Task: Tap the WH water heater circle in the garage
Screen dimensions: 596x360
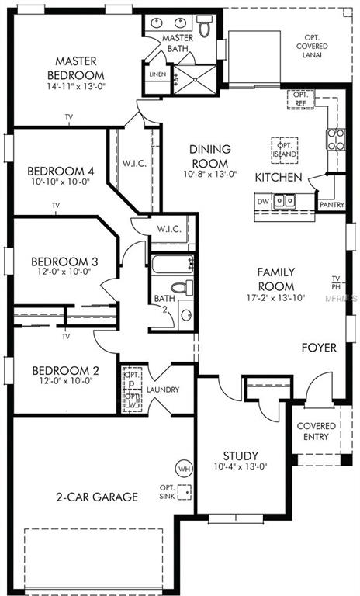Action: (183, 469)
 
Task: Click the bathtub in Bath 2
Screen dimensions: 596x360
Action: (170, 265)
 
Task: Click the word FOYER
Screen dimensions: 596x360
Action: (319, 348)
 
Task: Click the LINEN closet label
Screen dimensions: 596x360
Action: (157, 74)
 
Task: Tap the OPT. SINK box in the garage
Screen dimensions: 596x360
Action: (184, 491)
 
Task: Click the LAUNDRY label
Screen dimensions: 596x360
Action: (168, 390)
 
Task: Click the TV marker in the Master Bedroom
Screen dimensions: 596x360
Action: (69, 118)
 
